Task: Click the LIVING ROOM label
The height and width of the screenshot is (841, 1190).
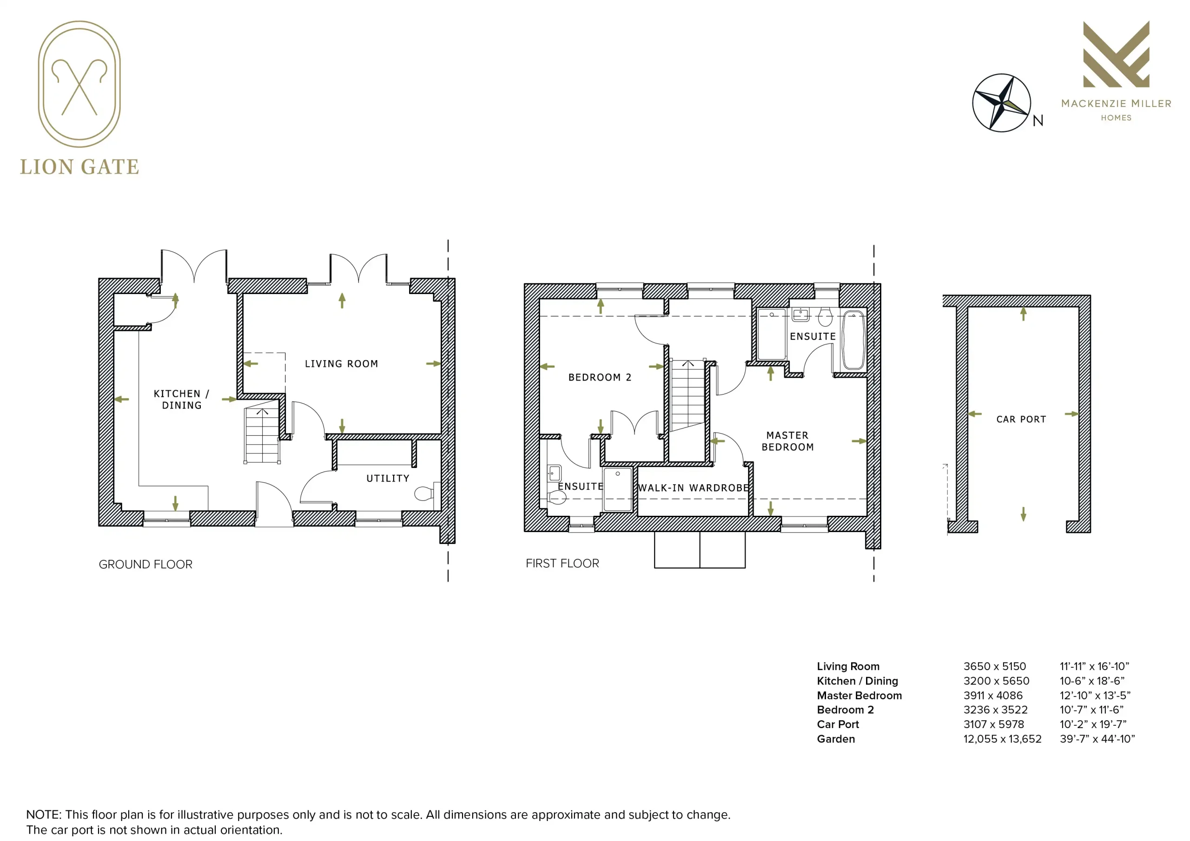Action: click(341, 364)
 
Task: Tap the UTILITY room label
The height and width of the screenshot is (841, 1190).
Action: click(388, 478)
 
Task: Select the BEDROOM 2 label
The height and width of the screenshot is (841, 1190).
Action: click(600, 377)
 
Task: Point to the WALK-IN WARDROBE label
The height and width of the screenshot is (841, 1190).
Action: click(694, 487)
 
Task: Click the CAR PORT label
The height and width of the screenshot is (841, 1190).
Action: click(1021, 419)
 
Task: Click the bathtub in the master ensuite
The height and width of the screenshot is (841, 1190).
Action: click(853, 340)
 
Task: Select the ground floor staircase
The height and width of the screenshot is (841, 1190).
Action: click(262, 434)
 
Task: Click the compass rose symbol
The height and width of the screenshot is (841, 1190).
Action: click(1001, 103)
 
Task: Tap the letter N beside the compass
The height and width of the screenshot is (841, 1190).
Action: click(1038, 121)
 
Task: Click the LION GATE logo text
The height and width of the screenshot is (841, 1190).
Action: click(79, 167)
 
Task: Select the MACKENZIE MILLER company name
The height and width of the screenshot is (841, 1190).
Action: click(1117, 104)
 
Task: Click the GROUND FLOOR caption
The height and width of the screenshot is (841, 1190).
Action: click(145, 564)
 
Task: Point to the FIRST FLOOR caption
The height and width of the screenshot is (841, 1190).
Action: click(562, 563)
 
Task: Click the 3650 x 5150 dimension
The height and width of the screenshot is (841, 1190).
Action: click(995, 666)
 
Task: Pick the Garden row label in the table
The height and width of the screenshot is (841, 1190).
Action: click(836, 739)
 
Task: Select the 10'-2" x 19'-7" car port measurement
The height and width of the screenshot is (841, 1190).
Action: click(1093, 724)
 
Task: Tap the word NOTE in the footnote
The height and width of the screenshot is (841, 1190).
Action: click(44, 815)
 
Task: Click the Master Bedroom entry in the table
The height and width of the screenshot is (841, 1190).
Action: click(859, 696)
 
